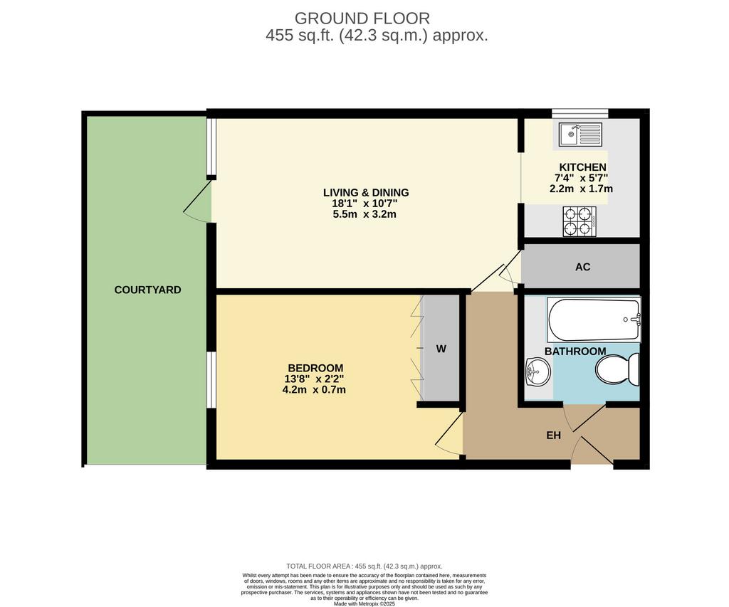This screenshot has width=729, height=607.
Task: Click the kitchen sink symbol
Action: click(580, 134)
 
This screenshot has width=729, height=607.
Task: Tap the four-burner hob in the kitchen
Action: click(579, 221)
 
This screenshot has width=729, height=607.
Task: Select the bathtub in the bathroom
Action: click(594, 320)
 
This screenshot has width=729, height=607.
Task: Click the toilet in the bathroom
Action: click(617, 369)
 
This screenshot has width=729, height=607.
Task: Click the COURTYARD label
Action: click(147, 290)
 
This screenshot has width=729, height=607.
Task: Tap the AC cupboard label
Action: click(582, 267)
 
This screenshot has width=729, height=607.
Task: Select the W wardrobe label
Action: click(441, 349)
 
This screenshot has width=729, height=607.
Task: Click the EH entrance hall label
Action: click(553, 436)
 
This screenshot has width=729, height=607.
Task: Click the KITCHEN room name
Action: click(582, 167)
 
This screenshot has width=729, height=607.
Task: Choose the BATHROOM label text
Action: click(575, 352)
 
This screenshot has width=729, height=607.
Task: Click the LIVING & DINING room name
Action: click(366, 192)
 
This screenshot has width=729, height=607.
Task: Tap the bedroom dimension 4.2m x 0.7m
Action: click(314, 390)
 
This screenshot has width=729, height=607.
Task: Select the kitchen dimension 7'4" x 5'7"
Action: click(581, 178)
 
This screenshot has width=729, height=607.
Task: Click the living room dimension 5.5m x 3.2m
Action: click(364, 214)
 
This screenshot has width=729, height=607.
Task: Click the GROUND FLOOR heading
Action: click(362, 18)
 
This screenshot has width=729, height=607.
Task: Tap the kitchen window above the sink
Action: click(579, 113)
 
